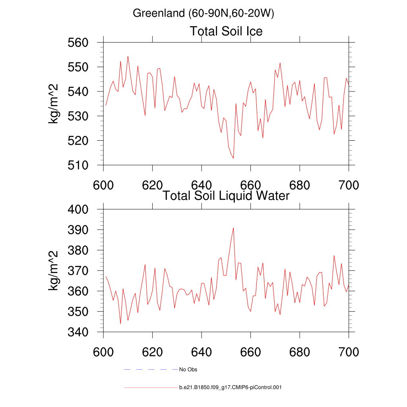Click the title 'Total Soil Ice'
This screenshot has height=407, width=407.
(226, 31)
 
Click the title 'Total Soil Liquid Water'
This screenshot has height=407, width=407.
(226, 196)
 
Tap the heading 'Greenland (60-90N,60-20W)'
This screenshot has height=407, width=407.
(203, 14)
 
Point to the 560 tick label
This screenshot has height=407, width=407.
(87, 43)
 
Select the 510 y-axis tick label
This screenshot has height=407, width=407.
(87, 165)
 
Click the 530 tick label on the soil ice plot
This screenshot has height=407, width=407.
(87, 116)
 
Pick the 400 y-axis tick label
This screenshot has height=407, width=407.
(87, 209)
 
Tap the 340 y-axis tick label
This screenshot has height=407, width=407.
(87, 332)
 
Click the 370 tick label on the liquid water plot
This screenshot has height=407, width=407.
(87, 271)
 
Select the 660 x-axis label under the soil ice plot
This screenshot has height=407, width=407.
(250, 185)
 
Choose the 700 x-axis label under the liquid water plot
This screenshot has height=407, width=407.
(349, 352)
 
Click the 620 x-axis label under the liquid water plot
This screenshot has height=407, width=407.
(153, 352)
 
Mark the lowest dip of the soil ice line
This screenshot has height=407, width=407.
(233, 158)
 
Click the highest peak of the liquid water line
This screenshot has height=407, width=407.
(233, 228)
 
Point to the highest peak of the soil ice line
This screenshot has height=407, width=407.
(128, 56)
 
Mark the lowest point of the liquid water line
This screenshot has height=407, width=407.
(120, 324)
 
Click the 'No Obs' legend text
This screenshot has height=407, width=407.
(188, 370)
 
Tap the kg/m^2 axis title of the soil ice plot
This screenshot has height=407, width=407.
(54, 104)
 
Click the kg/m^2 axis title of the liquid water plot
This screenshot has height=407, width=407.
(54, 270)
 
